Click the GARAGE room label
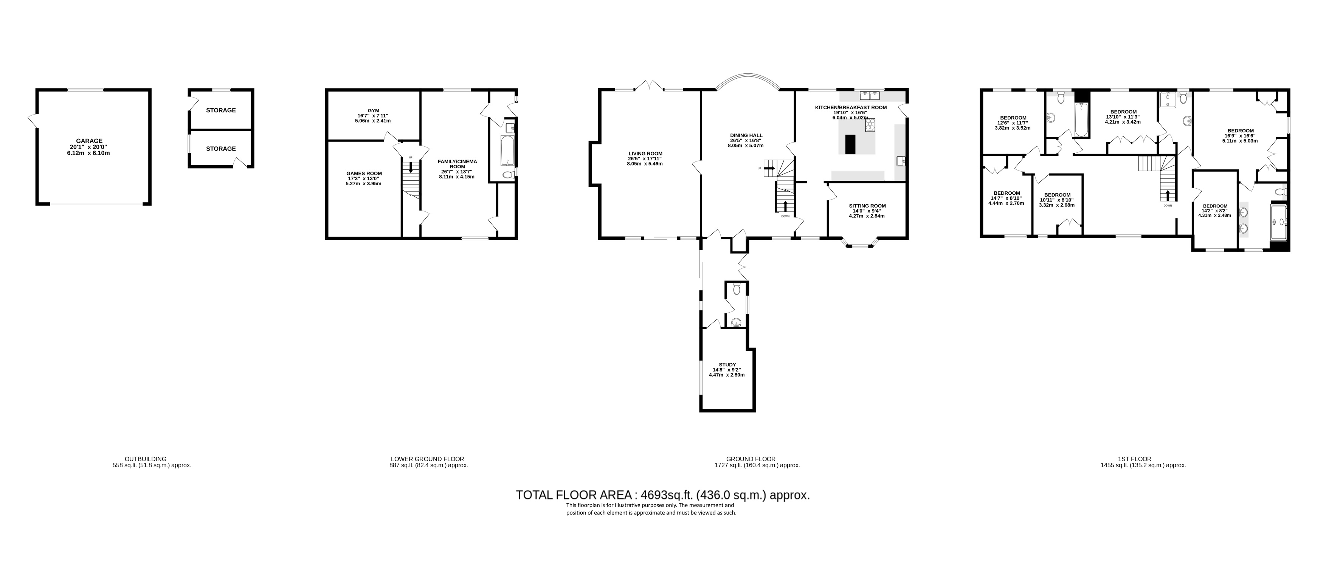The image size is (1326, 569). point(89,141)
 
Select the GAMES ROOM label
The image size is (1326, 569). point(364,174)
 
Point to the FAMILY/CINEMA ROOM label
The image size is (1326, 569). point(457,164)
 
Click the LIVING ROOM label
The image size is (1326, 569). point(645,153)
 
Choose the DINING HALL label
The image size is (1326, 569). point(746,135)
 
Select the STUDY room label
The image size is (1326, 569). point(727,364)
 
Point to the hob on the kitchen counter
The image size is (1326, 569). point(870,125)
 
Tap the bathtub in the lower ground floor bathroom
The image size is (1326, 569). point(507,150)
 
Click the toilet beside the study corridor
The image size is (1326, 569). point(737,289)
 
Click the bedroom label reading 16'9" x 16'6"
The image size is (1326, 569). point(1240,131)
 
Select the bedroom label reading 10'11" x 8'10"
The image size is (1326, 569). point(1057,195)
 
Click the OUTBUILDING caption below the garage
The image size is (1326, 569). point(145,459)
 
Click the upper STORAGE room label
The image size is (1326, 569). point(221,110)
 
